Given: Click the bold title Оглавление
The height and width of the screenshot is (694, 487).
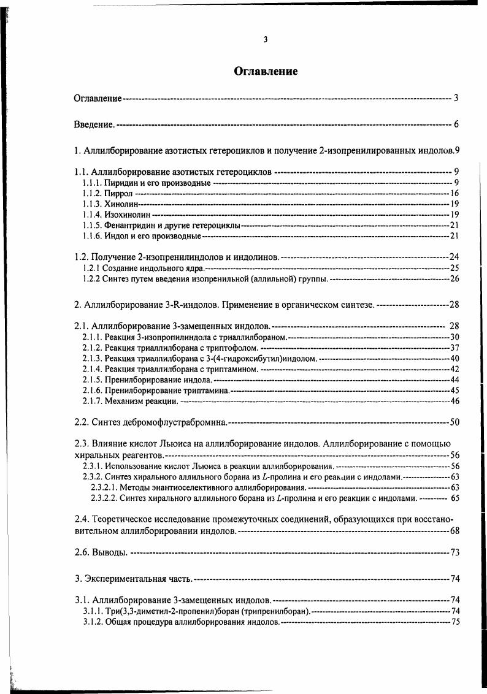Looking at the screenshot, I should coord(266,72).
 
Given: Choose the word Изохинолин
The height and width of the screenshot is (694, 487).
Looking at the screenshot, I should coord(128,215).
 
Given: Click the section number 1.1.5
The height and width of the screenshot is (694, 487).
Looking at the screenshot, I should coord(92,225).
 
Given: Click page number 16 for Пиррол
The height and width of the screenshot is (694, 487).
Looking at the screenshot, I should coord(454,194).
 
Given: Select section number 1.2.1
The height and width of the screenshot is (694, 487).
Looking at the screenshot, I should coord(91,268).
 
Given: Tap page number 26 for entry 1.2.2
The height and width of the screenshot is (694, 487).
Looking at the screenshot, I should coord(454,279).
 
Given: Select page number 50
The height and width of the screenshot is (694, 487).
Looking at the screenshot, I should coord(454,422).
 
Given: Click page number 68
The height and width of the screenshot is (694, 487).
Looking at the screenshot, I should coord(454,530).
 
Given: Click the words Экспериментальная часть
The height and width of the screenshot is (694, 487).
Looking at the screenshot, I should coord(139,578).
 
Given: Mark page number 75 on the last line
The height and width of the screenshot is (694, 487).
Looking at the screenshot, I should coord(454,622).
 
